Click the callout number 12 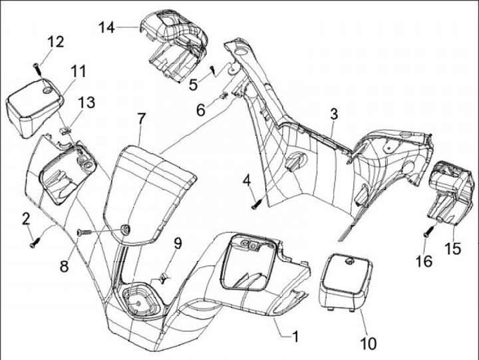coord(55,42)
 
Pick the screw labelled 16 coord(428,232)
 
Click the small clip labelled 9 coord(164,275)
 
